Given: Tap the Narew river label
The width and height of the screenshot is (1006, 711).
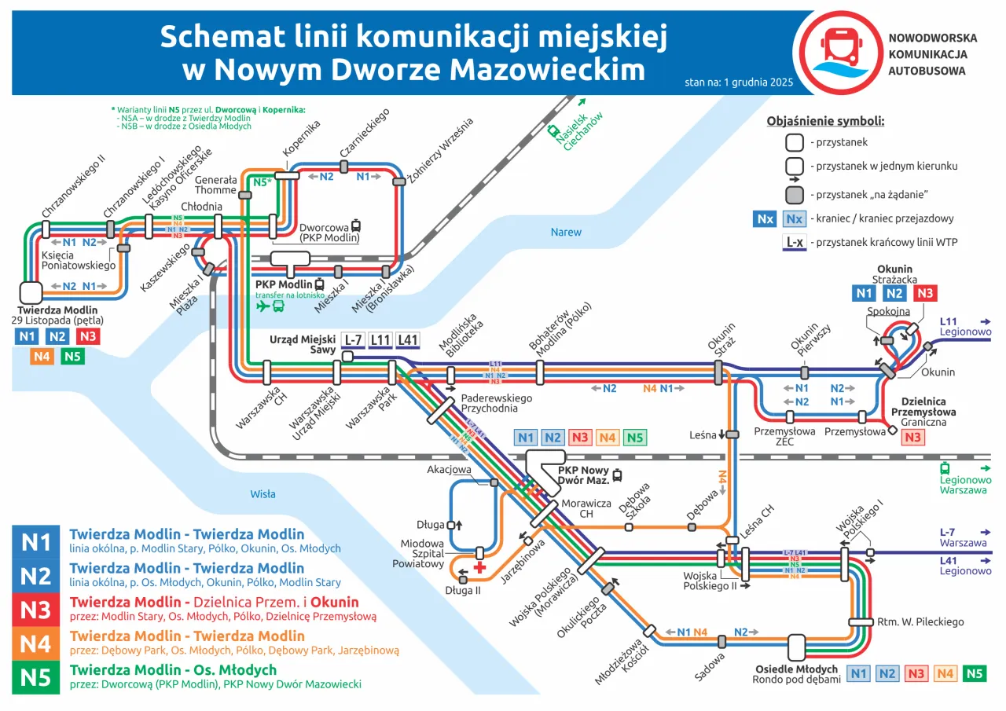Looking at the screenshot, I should pos(566,232).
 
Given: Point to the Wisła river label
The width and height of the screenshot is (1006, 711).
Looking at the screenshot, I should pos(263,494).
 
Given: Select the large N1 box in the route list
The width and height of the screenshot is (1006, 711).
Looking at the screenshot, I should pos(35,542).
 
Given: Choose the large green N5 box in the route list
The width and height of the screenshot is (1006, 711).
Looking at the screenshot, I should pos(35,676).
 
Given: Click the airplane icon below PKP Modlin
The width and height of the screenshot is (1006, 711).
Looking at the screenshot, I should pos(263,306).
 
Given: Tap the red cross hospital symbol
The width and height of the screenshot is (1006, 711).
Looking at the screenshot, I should pos(479,567).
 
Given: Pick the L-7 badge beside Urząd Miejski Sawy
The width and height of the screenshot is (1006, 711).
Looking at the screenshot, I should pos(353,340).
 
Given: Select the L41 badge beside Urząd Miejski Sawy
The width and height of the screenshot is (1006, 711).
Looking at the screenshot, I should pos(407,340).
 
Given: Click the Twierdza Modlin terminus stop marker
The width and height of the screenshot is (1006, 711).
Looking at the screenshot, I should pos(30,293).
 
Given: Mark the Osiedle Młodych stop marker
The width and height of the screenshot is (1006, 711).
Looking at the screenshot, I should pos(797,647).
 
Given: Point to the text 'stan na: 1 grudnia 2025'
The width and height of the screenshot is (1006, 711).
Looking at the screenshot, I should pos(738,82).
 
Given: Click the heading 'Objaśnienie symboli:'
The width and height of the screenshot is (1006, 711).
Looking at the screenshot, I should pos(825,121).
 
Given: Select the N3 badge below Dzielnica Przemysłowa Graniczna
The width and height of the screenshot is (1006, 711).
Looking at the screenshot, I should pos(912,438).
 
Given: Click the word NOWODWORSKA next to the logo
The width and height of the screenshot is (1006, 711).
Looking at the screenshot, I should pos(932,38).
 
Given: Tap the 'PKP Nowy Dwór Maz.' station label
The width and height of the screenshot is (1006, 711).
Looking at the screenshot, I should pos(584,475).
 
